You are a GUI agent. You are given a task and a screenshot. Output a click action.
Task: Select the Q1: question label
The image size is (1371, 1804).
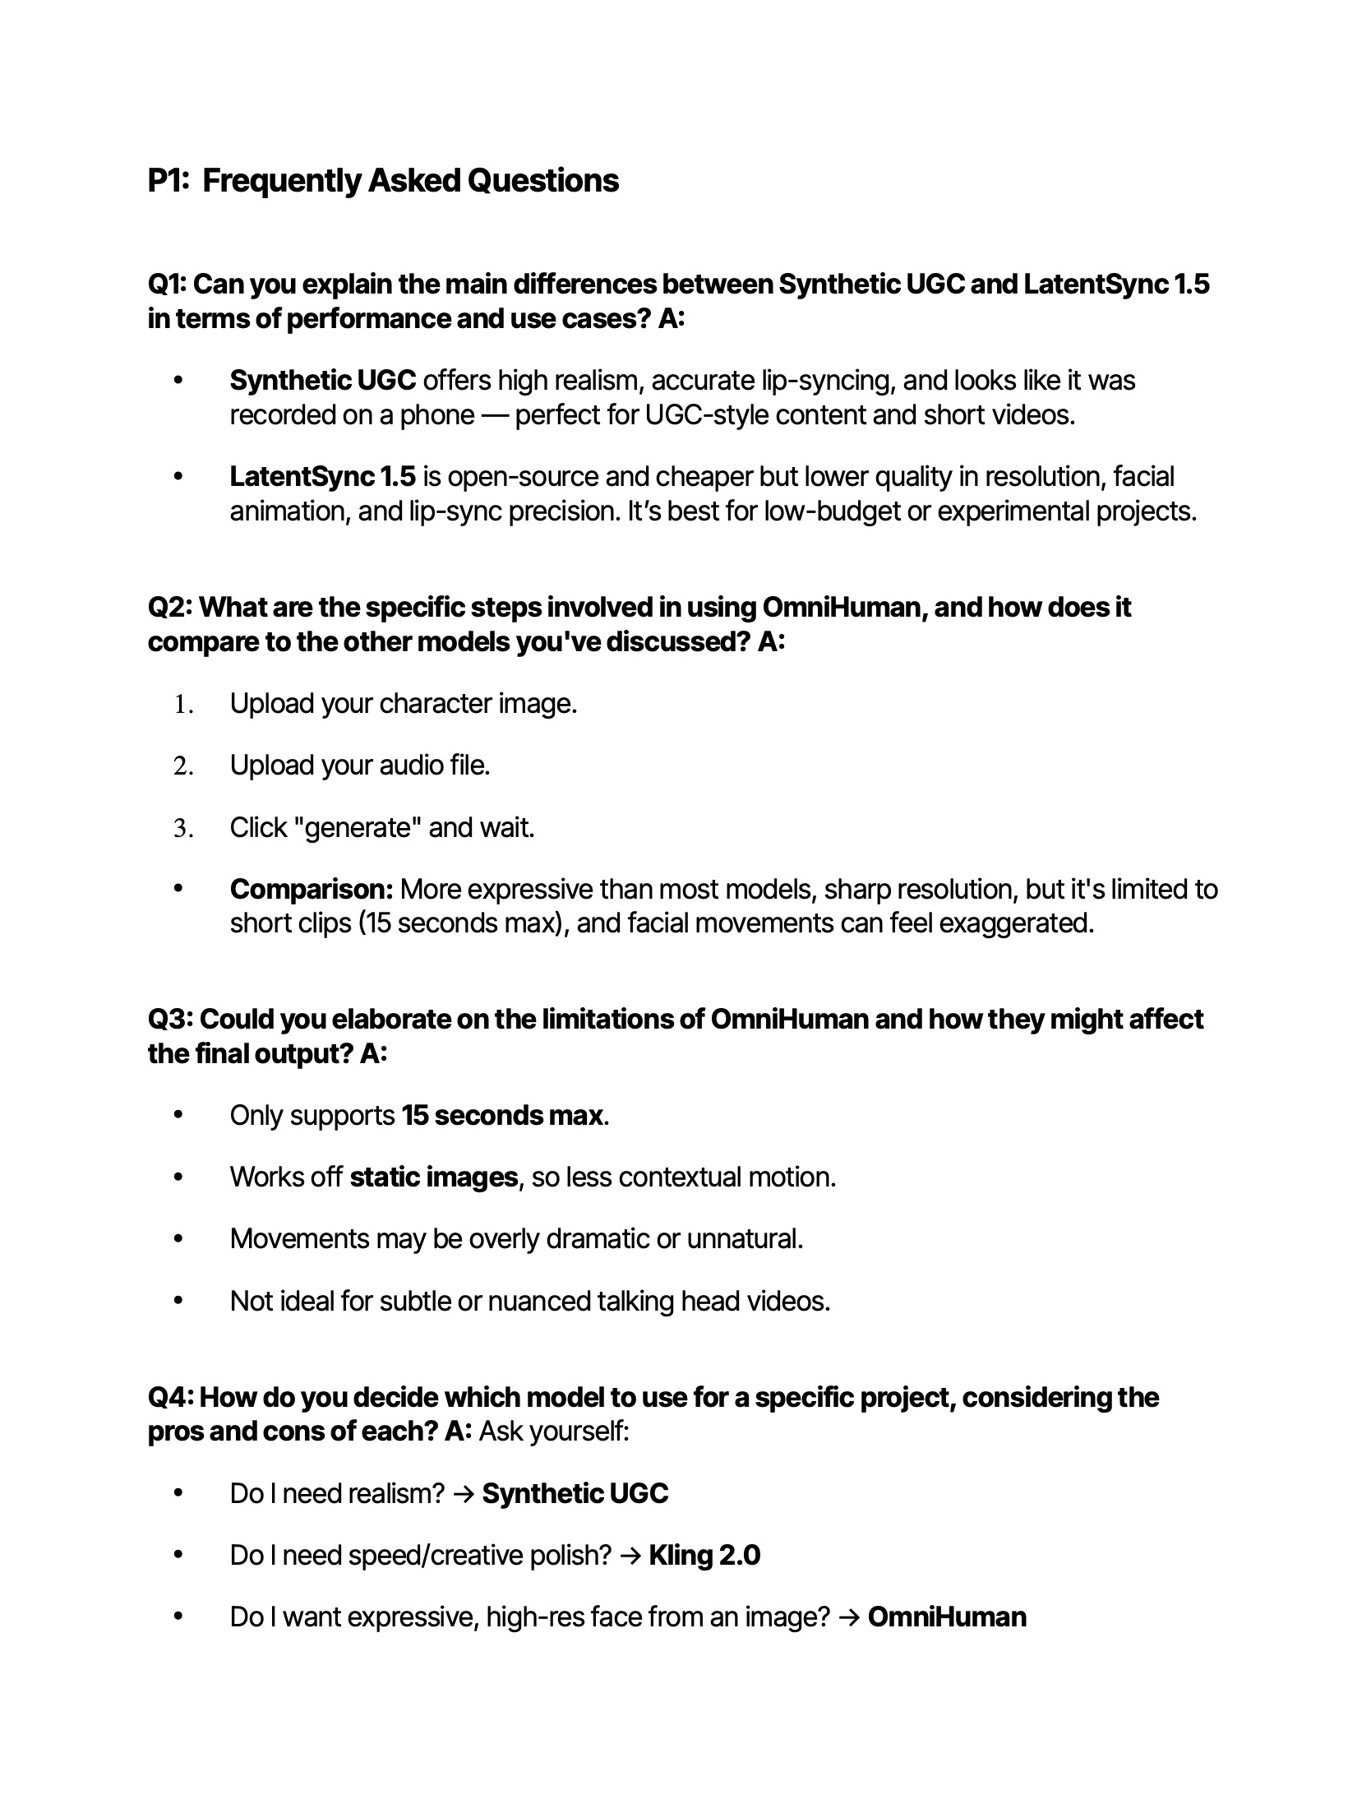pyautogui.click(x=168, y=284)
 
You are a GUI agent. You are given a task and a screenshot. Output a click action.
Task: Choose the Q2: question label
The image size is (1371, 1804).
pyautogui.click(x=170, y=608)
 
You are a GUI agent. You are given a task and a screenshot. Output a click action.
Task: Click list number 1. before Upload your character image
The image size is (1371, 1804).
pyautogui.click(x=183, y=705)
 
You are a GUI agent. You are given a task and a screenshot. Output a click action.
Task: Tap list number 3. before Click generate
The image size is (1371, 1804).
pyautogui.click(x=183, y=829)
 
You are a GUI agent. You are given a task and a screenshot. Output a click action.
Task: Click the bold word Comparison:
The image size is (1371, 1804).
pyautogui.click(x=312, y=890)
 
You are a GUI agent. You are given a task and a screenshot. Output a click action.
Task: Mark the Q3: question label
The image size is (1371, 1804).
pyautogui.click(x=170, y=1020)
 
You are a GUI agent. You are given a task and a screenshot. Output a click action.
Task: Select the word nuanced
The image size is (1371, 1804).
pyautogui.click(x=539, y=1301)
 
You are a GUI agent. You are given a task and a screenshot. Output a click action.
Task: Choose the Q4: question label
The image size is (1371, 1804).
pyautogui.click(x=170, y=1397)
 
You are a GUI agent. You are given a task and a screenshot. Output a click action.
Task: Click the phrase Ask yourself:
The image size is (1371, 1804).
pyautogui.click(x=553, y=1432)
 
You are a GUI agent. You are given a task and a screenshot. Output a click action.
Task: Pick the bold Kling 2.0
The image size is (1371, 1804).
pyautogui.click(x=704, y=1556)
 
